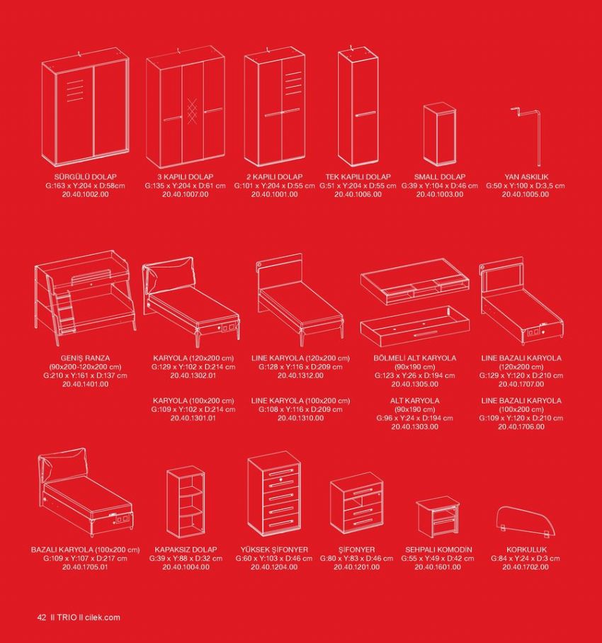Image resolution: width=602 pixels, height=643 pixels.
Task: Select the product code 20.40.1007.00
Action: pos(186,194)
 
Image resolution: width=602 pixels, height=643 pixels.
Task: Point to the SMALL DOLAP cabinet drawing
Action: pos(439,135)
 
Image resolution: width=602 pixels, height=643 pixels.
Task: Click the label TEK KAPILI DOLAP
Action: pos(358,177)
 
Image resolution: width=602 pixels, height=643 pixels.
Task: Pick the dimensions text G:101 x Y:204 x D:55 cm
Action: pos(274,186)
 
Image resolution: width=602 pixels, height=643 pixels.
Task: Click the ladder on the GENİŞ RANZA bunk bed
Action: pos(64,310)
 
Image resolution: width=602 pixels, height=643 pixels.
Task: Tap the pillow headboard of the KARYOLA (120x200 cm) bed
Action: pos(168,274)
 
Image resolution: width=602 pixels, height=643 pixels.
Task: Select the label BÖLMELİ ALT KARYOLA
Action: pos(414,358)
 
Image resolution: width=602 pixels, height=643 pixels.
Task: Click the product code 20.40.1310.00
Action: pos(300,419)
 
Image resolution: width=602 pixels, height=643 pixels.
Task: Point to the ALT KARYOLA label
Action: pos(414,401)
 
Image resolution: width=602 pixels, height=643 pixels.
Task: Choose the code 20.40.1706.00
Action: pos(521,427)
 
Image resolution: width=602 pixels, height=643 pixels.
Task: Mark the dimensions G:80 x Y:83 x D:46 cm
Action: pos(356,559)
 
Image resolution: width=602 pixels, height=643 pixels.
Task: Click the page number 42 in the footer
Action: pos(42,618)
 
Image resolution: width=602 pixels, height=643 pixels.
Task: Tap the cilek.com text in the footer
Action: pos(103,618)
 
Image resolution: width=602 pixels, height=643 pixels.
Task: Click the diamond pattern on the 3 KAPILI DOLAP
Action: pos(192,110)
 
